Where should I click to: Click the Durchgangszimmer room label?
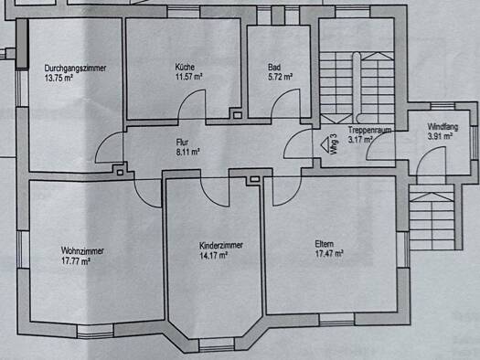point(75,68)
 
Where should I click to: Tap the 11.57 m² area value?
point(188,77)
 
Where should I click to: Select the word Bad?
point(274,67)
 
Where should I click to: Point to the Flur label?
point(182,143)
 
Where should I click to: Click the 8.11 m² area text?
point(188,152)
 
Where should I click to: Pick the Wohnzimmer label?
point(82,250)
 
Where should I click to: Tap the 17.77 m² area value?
point(76,261)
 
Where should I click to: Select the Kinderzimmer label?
point(221,245)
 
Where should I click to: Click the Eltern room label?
point(325,244)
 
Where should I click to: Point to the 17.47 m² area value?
point(329,254)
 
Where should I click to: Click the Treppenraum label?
point(369,130)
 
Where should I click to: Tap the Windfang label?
point(443,127)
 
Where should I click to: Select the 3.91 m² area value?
point(440,136)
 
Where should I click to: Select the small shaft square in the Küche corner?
point(238,115)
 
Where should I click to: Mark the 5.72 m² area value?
point(280,77)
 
